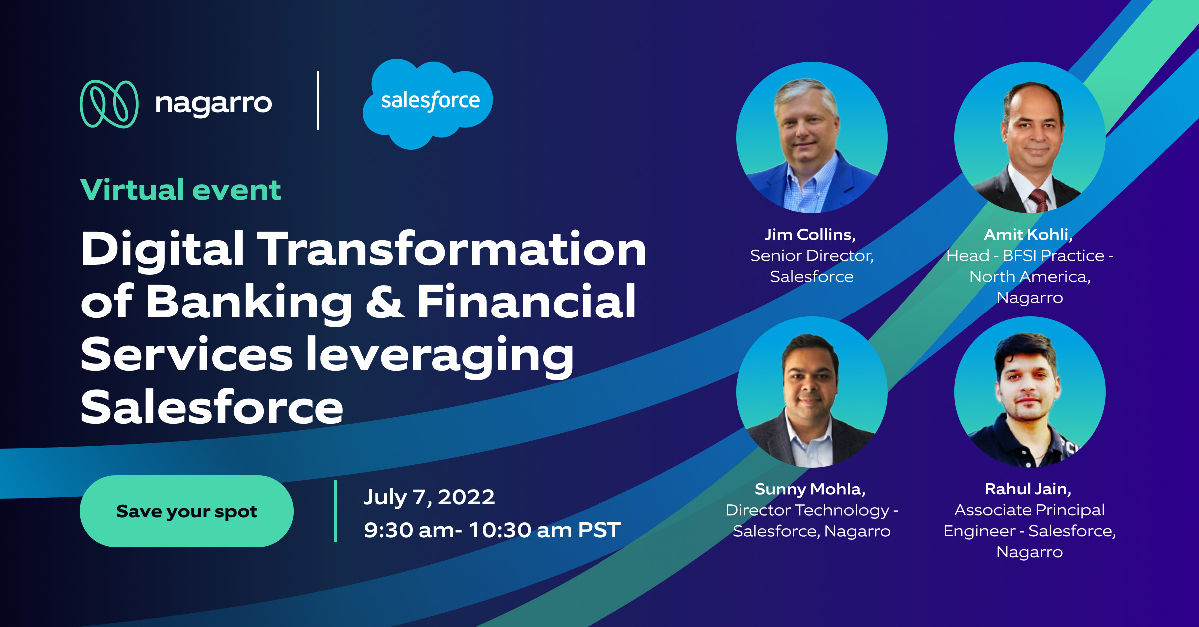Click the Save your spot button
(186, 511)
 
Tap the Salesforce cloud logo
(429, 102)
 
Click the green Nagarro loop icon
(109, 104)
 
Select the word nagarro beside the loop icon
(213, 104)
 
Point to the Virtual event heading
(181, 190)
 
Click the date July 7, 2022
(429, 497)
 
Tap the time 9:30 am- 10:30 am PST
(492, 530)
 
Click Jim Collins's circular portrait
(811, 137)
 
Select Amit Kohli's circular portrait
(1029, 137)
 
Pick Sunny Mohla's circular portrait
(811, 392)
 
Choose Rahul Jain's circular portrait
(1029, 392)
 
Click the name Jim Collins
(810, 234)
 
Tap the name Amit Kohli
(1028, 234)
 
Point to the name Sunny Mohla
(810, 489)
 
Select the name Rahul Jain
(1028, 489)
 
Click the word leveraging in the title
(440, 355)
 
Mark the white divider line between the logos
(318, 100)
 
